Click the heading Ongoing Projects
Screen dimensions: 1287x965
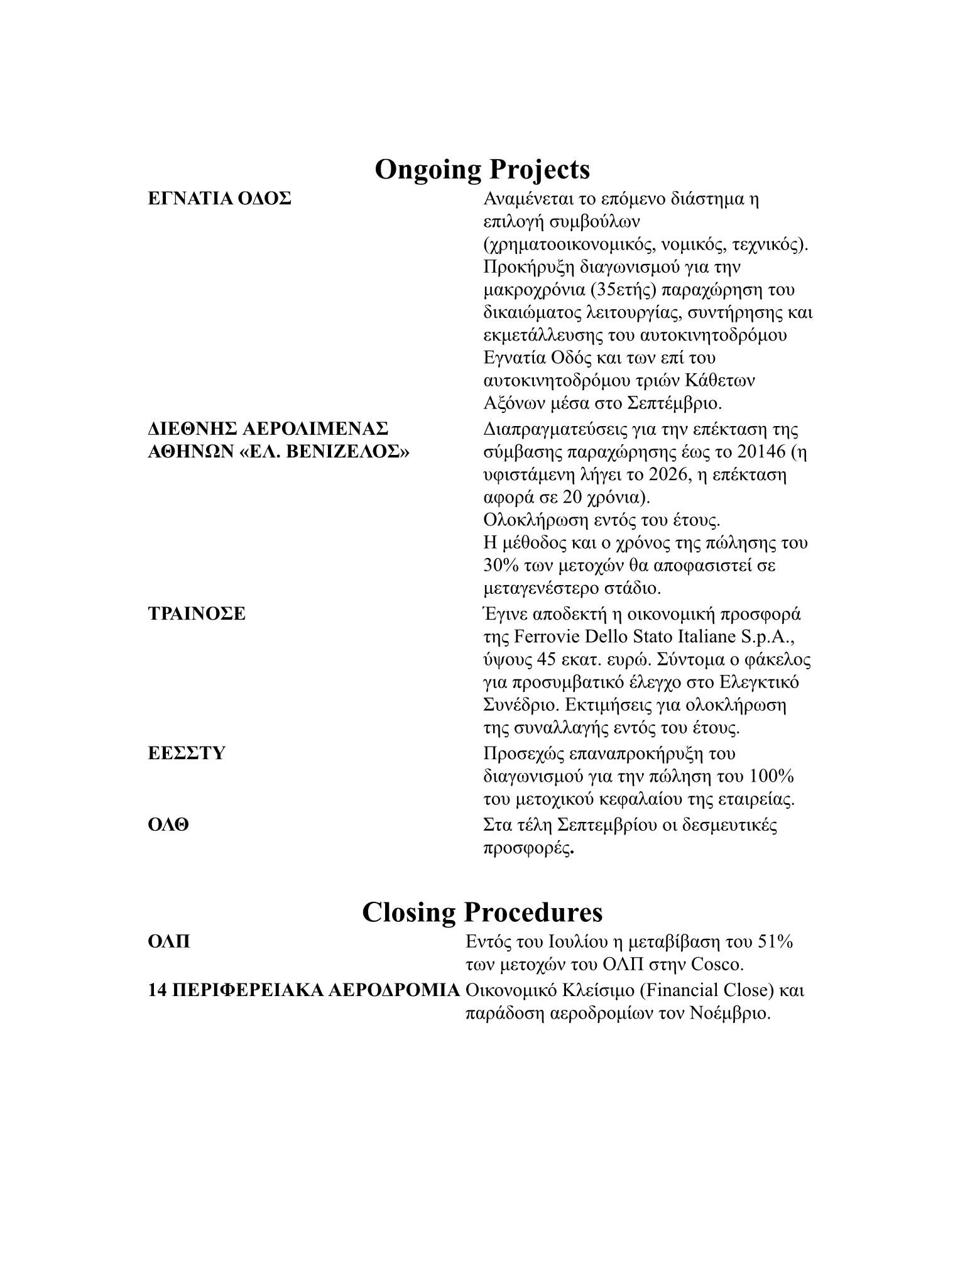pos(482,170)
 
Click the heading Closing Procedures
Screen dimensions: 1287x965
pos(482,912)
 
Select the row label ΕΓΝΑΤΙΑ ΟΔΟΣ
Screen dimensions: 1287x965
pos(219,199)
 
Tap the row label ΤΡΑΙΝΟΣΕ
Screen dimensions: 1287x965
pos(197,613)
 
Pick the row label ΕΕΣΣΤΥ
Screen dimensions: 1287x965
pos(187,753)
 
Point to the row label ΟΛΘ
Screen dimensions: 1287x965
pos(168,824)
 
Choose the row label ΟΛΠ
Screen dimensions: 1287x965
pos(169,942)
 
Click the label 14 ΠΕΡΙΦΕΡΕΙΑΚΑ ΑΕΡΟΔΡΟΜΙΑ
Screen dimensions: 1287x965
pos(304,990)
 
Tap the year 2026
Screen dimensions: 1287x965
pos(657,474)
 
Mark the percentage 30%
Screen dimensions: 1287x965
pos(501,566)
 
